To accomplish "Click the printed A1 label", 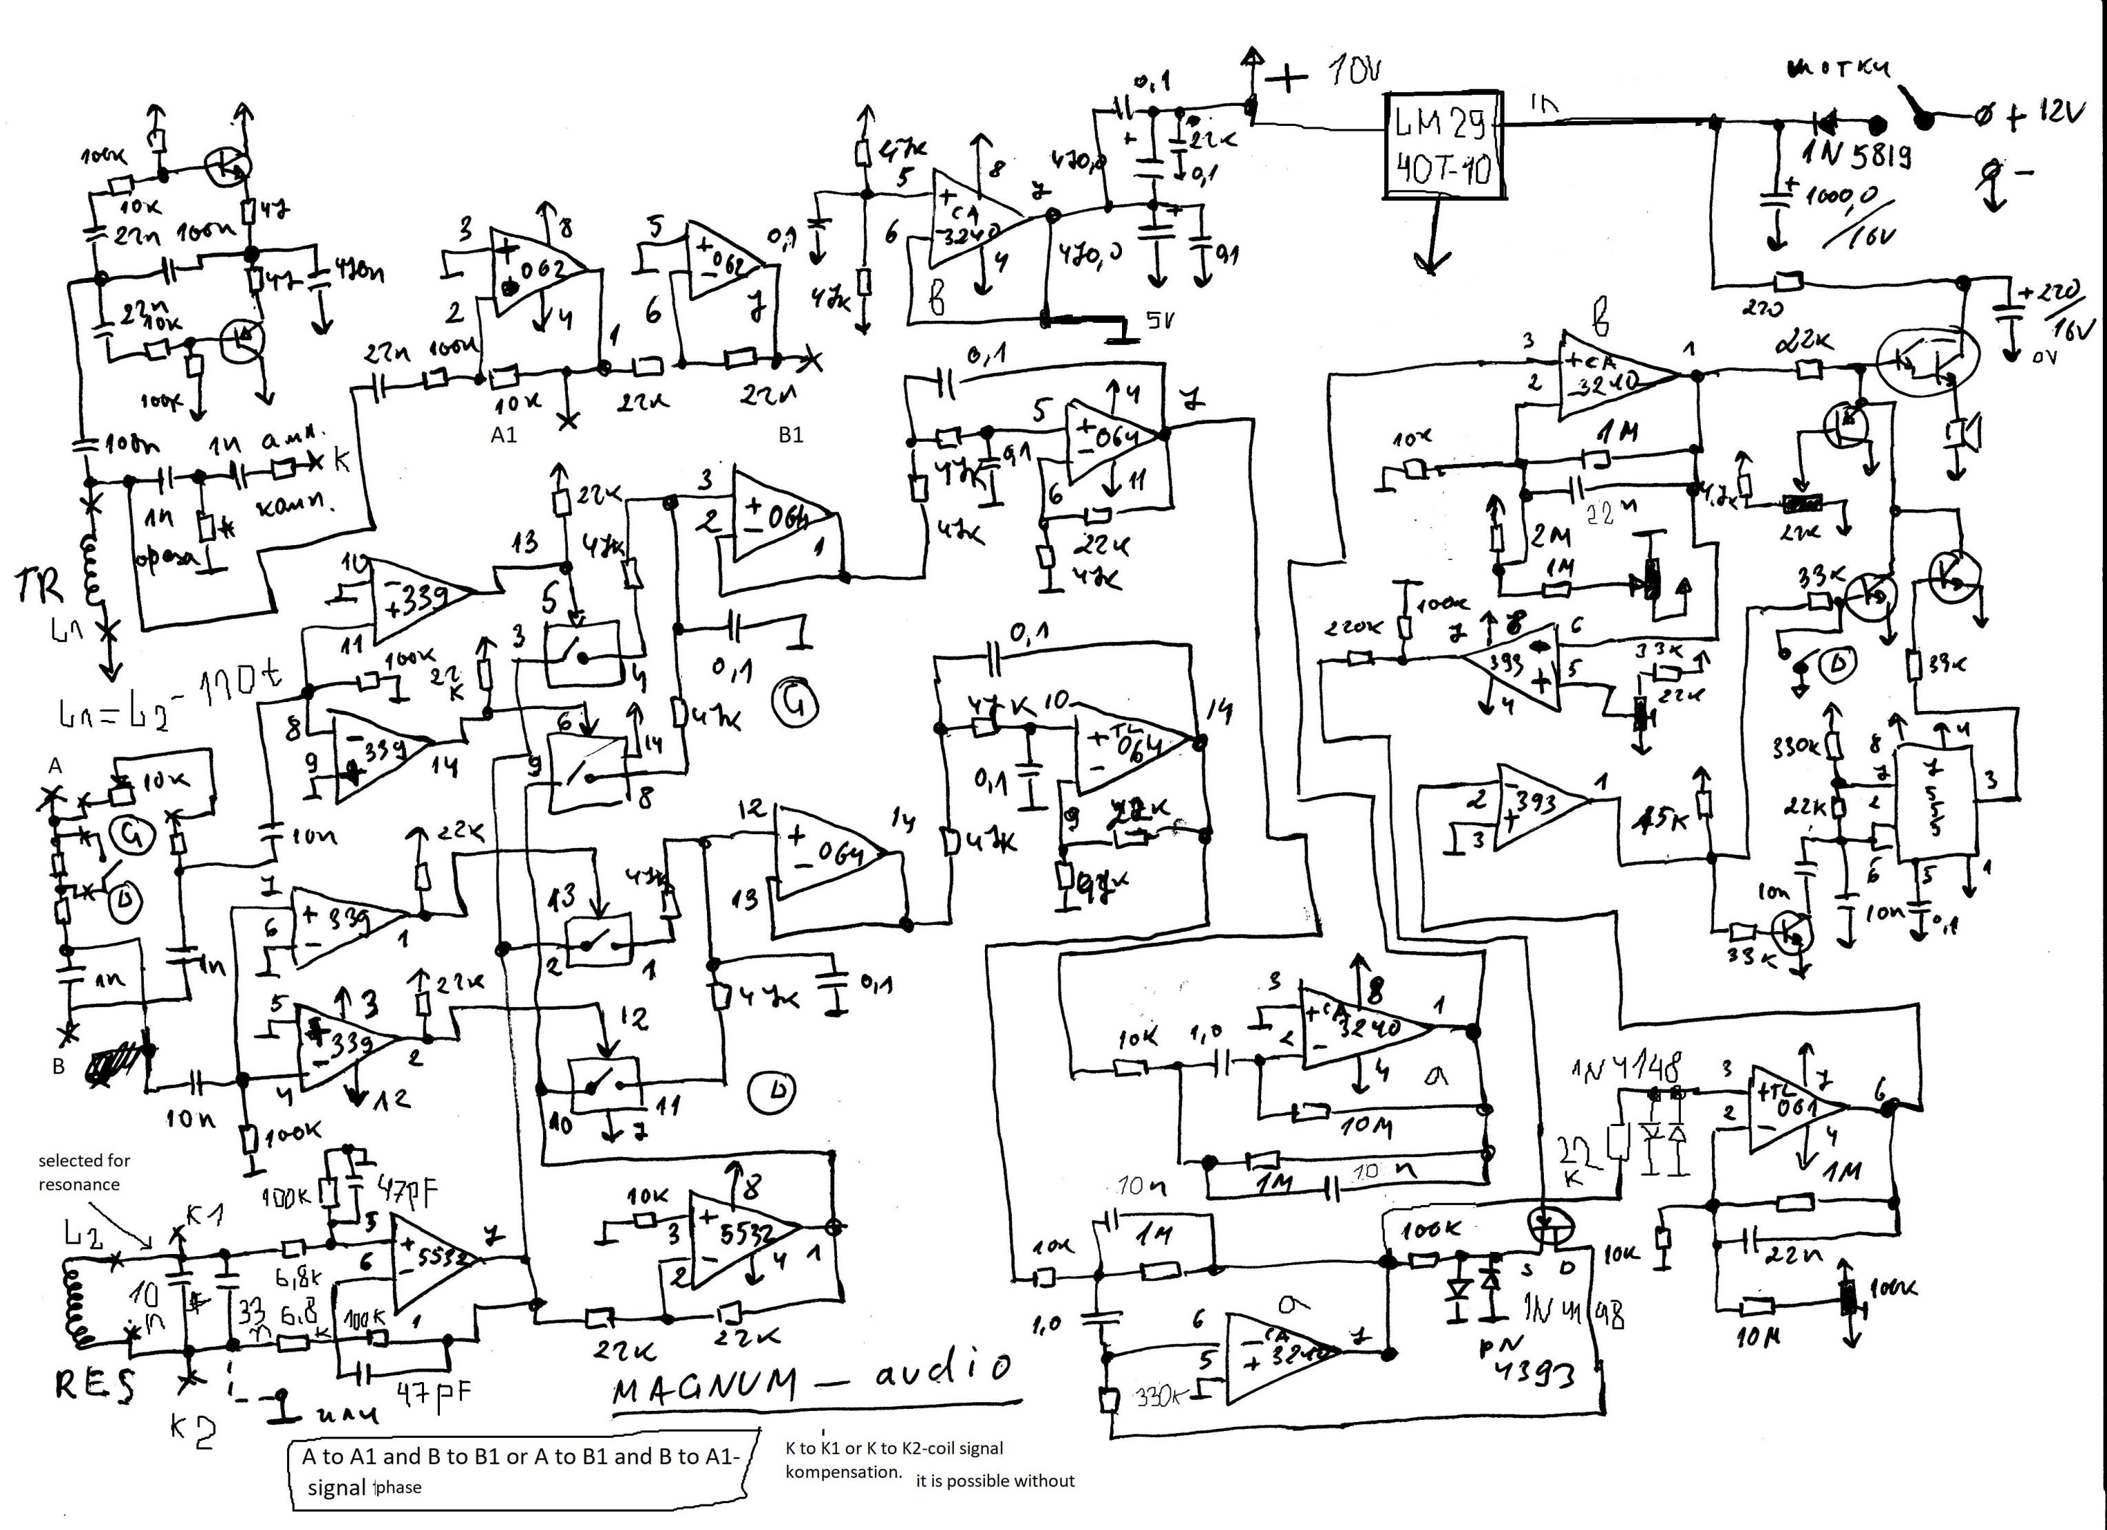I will pos(504,435).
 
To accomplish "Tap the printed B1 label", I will pos(791,435).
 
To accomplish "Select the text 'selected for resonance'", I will pos(83,1172).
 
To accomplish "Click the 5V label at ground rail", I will pos(1159,321).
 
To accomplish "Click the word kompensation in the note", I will pos(843,1472).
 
